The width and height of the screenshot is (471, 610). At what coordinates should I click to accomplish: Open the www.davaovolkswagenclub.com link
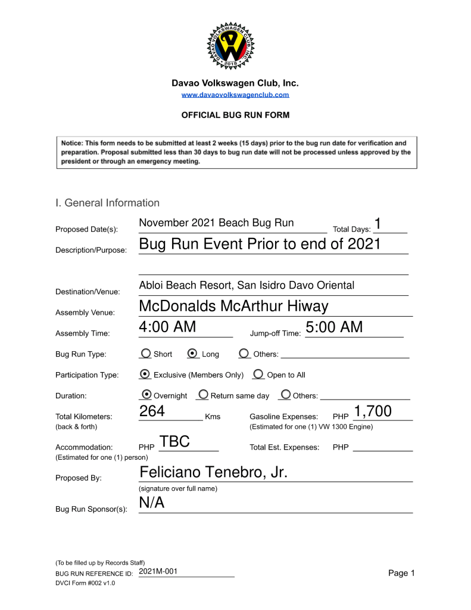pos(235,95)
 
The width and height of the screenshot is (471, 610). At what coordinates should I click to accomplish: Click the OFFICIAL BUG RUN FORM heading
pos(235,115)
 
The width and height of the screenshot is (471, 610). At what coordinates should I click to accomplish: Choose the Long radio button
pos(193,354)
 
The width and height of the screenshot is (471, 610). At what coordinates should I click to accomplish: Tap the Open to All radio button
pos(258,374)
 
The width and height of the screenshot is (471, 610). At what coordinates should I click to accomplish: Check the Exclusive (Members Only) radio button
pos(145,374)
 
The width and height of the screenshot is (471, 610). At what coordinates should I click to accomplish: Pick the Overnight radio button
pos(145,395)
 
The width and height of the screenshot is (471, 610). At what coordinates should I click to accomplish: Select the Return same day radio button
pos(203,395)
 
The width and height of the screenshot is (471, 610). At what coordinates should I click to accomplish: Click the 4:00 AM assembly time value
pos(167,327)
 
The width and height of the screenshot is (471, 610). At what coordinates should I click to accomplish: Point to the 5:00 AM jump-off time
pos(333,327)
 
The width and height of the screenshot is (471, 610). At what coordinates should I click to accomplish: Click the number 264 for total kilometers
pos(152,411)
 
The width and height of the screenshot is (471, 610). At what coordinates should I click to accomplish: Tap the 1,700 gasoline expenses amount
pos(372,411)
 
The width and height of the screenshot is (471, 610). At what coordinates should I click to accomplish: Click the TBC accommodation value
pos(174,442)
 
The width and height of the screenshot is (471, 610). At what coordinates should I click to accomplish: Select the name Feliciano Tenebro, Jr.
pos(213,473)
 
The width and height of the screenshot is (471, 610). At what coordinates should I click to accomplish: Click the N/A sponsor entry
pos(151,503)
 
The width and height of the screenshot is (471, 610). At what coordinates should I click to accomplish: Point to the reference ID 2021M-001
pos(158,572)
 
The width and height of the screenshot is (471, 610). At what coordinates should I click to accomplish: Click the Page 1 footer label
pos(401,573)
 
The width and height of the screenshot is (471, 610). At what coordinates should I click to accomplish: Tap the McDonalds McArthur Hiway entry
pos(233,306)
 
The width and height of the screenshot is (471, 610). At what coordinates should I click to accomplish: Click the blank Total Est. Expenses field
pos(382,447)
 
